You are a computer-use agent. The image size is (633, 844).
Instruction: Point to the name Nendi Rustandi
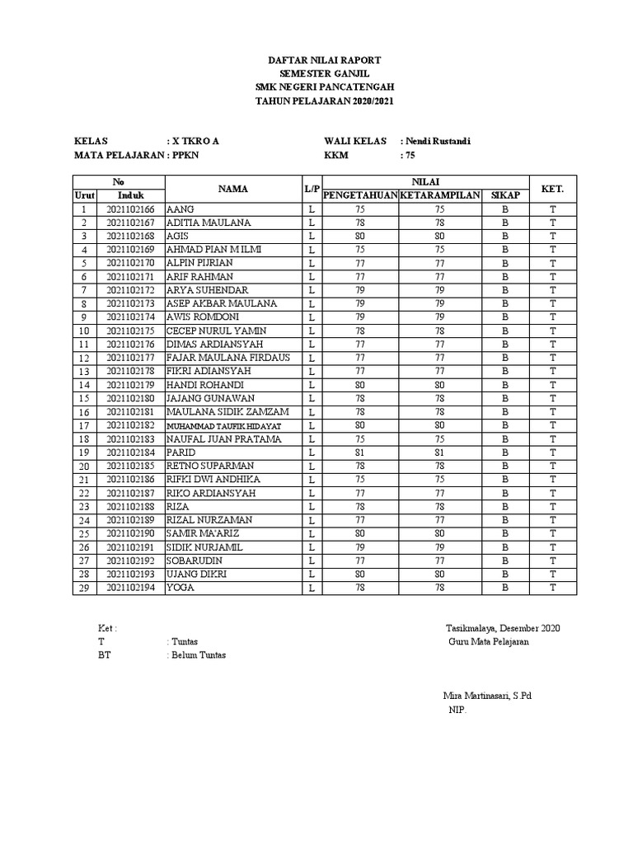436,141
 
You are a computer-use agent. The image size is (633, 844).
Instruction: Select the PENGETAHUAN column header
360,195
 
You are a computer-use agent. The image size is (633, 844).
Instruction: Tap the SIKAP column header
504,195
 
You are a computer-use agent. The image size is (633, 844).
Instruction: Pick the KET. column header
553,189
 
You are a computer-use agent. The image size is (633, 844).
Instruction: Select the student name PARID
181,452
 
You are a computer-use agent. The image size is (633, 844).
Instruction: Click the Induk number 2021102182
131,425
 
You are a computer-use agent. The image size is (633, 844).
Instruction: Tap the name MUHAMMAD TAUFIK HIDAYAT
224,425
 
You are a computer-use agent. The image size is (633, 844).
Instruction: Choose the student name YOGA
180,588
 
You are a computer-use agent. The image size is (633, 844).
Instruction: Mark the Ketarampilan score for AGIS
439,237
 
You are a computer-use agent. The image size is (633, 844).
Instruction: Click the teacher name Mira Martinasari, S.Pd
487,696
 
